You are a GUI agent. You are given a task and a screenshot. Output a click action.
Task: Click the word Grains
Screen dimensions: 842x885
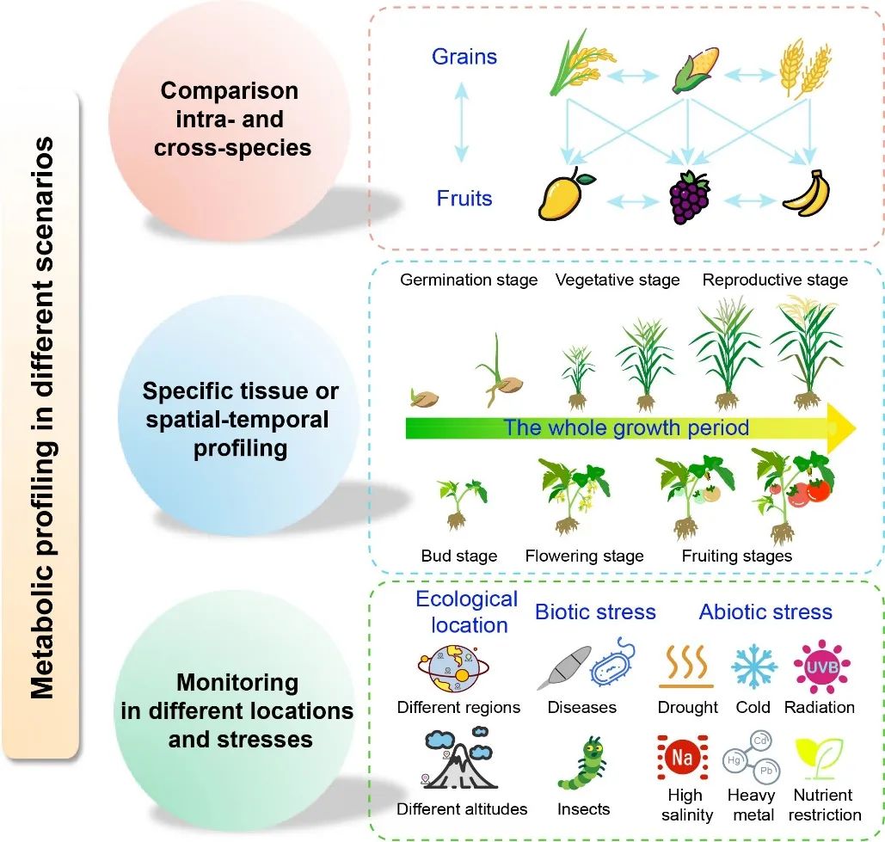click(464, 58)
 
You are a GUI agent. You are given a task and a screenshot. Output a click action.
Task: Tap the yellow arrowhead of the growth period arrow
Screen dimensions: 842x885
click(841, 427)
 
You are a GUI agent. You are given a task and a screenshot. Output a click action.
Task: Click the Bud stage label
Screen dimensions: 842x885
click(459, 556)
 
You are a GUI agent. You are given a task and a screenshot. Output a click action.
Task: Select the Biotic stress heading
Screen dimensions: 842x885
click(595, 612)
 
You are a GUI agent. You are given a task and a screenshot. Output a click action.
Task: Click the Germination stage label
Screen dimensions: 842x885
click(469, 280)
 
